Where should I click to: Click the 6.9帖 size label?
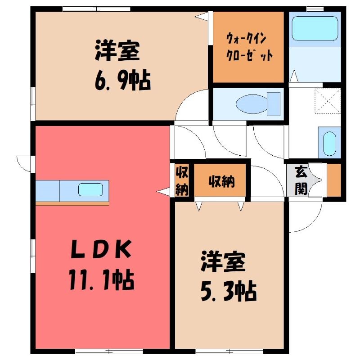(x=123, y=81)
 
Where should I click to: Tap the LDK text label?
(x=101, y=249)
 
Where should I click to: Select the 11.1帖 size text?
(x=100, y=279)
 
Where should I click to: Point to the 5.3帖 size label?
(x=229, y=291)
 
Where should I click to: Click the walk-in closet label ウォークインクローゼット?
(x=249, y=47)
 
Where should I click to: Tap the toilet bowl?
(x=252, y=104)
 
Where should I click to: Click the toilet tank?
(x=274, y=104)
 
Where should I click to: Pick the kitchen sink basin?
(x=90, y=189)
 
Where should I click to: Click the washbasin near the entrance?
(x=329, y=144)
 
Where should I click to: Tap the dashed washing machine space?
(x=328, y=101)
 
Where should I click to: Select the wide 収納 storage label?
(x=221, y=181)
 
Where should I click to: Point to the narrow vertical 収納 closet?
(x=182, y=180)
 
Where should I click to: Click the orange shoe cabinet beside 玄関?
(x=334, y=180)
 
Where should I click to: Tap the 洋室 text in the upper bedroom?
(x=117, y=50)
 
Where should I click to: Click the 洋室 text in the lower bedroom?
(x=223, y=261)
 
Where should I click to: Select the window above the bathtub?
(x=315, y=9)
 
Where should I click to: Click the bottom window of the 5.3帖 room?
(x=229, y=351)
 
